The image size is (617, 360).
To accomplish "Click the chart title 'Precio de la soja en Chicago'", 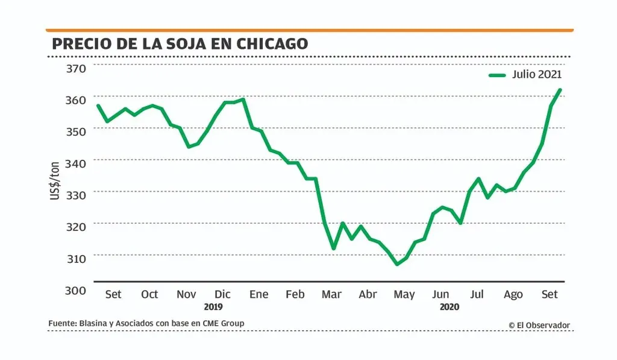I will point(180,43).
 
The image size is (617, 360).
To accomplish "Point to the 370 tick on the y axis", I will point(77,68).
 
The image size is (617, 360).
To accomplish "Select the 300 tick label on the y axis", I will point(77,290).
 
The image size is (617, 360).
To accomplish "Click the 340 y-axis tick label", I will point(77,163).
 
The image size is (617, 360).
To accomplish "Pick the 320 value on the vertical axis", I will point(77,226).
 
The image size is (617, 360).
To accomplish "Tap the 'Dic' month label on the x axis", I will point(222,294).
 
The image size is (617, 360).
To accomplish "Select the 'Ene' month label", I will point(258,294).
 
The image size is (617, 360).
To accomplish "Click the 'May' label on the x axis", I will point(404,294).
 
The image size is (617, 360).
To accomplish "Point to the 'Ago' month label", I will point(513,294).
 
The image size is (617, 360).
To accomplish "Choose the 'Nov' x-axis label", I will point(186,294).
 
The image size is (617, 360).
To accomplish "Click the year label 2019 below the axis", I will point(213,306).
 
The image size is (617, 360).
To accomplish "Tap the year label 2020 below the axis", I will point(449,306).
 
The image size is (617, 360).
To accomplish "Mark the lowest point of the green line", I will point(396,264).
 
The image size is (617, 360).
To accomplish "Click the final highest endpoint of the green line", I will point(560,90).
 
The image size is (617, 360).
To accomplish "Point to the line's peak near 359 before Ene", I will point(243,99).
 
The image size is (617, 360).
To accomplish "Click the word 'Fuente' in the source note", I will point(62,324).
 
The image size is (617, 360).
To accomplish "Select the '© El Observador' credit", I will point(539,325).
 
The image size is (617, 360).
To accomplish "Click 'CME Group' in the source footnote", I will point(224,324).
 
